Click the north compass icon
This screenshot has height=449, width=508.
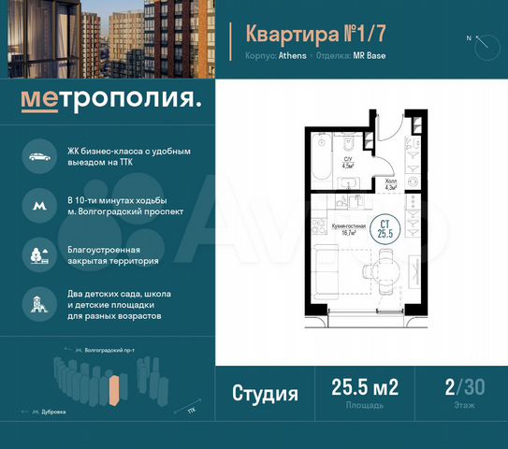[482, 40]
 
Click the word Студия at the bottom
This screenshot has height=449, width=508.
[265, 393]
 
